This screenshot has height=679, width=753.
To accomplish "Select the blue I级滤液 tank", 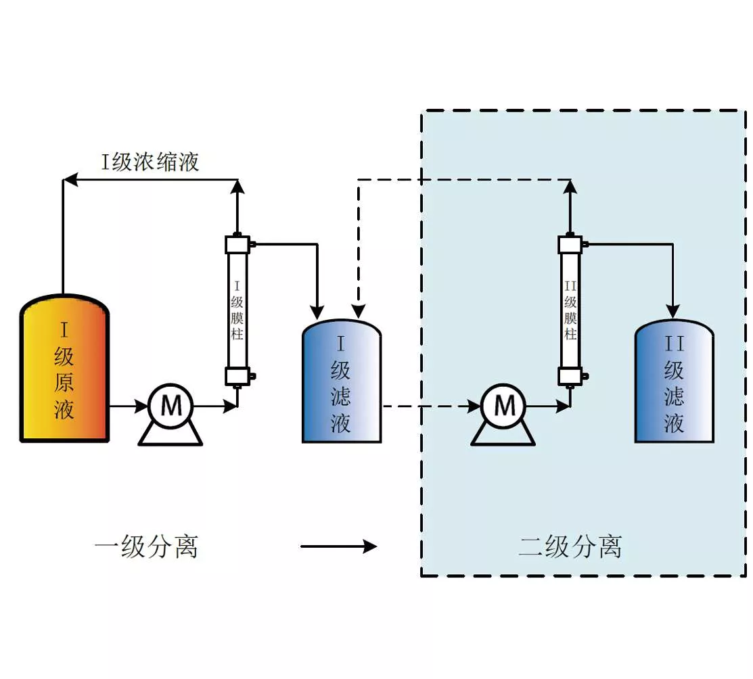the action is click(342, 381).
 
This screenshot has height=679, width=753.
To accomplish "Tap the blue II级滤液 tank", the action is click(675, 381).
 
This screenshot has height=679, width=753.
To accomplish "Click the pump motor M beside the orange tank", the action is click(170, 406).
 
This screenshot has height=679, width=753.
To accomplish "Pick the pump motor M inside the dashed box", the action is click(503, 406).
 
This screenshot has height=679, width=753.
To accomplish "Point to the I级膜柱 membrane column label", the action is click(237, 310).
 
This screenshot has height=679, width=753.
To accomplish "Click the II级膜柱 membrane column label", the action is click(570, 310).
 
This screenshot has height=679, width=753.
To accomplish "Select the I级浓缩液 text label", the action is click(150, 162).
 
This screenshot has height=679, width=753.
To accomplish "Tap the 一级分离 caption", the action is click(146, 546).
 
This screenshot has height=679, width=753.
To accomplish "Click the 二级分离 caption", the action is click(570, 546).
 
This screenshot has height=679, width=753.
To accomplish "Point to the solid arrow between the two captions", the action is click(338, 546).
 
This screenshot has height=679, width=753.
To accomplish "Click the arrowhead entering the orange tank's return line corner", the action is click(70, 180).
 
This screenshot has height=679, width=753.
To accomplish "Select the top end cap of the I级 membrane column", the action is click(237, 244).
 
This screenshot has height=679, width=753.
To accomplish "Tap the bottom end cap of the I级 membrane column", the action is click(237, 377).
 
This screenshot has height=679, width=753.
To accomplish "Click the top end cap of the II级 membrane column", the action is click(570, 244).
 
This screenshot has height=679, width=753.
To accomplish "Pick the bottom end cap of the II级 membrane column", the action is click(570, 377).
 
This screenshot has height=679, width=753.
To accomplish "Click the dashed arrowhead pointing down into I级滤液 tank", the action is click(359, 312).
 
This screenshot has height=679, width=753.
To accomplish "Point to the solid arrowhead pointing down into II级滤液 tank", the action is click(672, 312).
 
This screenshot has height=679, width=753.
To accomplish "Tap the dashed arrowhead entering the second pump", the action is click(474, 406).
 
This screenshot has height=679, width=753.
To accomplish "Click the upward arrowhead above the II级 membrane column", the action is click(570, 187).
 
